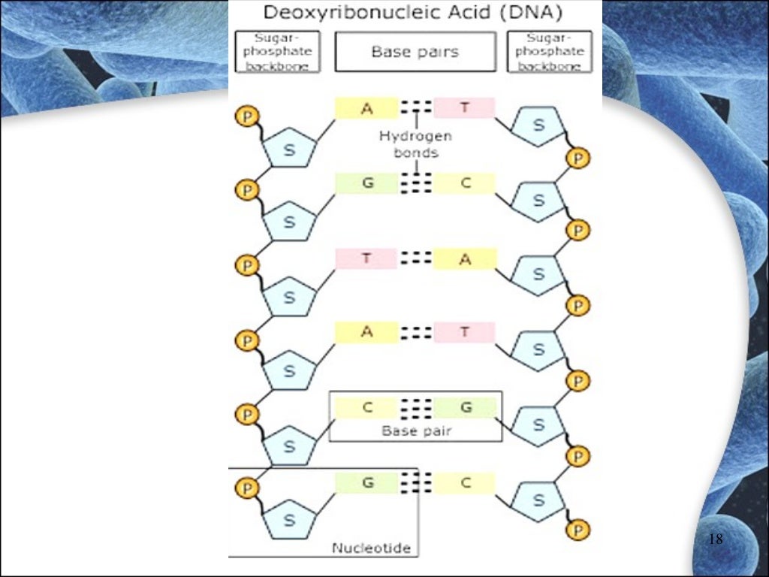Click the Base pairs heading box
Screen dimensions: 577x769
415,52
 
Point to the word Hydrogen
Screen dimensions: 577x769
415,137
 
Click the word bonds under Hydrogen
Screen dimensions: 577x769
415,152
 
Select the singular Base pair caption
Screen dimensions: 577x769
415,431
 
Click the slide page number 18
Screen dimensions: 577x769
715,539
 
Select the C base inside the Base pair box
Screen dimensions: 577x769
367,408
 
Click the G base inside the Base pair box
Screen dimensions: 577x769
466,408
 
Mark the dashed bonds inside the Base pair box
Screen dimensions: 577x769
415,408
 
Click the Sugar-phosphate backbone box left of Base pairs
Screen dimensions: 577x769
277,52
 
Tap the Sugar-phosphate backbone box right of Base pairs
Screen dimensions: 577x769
554,52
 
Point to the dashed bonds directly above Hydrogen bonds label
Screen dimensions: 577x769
415,107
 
